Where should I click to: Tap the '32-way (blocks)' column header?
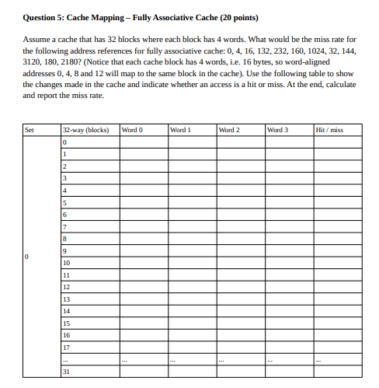click(85, 130)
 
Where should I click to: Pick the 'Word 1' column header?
click(179, 130)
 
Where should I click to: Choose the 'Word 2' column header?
click(228, 130)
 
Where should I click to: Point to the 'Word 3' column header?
click(277, 130)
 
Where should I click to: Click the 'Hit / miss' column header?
click(329, 130)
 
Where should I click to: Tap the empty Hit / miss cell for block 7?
click(335, 226)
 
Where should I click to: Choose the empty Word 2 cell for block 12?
click(239, 287)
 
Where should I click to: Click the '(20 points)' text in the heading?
click(233, 17)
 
